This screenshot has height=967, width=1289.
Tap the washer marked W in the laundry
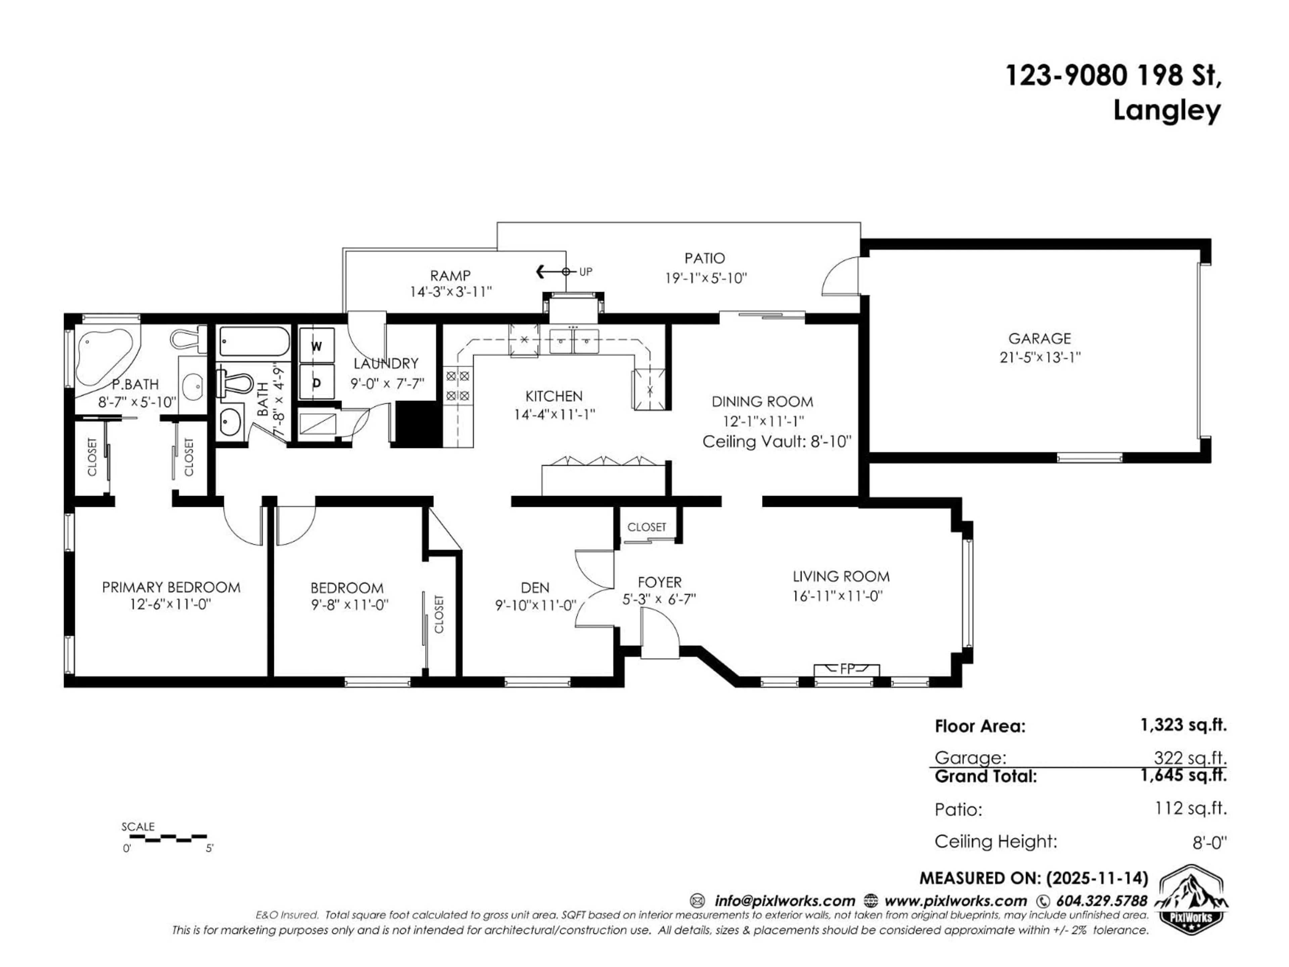(317, 346)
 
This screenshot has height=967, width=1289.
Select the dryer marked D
(317, 382)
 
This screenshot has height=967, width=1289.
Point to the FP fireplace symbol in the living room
(847, 669)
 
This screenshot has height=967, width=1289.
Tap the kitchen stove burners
(458, 386)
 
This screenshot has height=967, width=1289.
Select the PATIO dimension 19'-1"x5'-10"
(706, 278)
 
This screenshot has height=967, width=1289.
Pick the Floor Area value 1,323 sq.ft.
(1183, 725)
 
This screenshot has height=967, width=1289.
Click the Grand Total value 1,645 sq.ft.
(1183, 775)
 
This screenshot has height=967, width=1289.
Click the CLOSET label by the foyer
(646, 527)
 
